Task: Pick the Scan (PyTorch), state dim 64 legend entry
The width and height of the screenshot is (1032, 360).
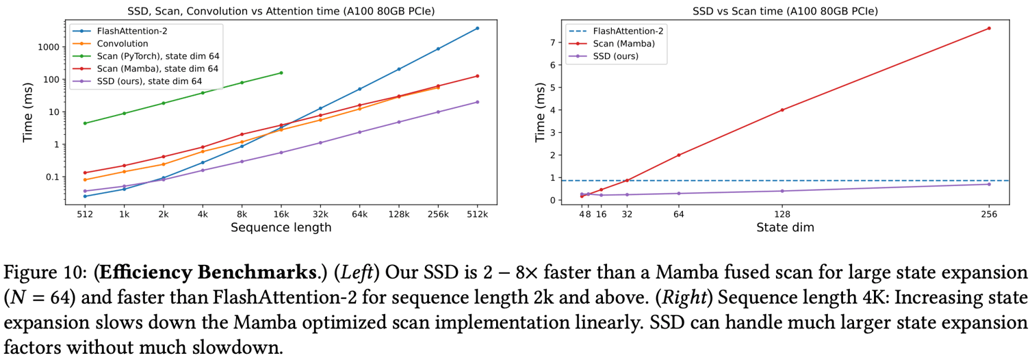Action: (x=157, y=56)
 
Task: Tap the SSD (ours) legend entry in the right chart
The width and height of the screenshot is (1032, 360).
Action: (x=615, y=56)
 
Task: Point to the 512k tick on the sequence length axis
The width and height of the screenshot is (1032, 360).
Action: (x=477, y=214)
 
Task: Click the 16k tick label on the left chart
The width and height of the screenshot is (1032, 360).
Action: (x=281, y=214)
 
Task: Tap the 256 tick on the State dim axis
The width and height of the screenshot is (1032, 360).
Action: (x=989, y=214)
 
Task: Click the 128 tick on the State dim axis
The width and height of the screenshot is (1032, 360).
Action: (x=782, y=214)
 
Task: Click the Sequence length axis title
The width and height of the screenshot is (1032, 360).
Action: (x=281, y=228)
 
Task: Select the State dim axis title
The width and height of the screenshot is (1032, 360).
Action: (x=784, y=228)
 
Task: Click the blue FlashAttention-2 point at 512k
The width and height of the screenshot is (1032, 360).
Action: (x=477, y=28)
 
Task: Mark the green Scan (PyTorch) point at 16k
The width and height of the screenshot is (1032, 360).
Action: (x=281, y=73)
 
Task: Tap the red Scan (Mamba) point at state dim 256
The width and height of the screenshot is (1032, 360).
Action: (x=989, y=28)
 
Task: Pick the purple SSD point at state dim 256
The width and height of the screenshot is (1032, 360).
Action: (x=989, y=184)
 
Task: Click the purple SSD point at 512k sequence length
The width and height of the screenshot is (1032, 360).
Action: (x=477, y=102)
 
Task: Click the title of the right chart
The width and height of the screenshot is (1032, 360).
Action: (x=784, y=11)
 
